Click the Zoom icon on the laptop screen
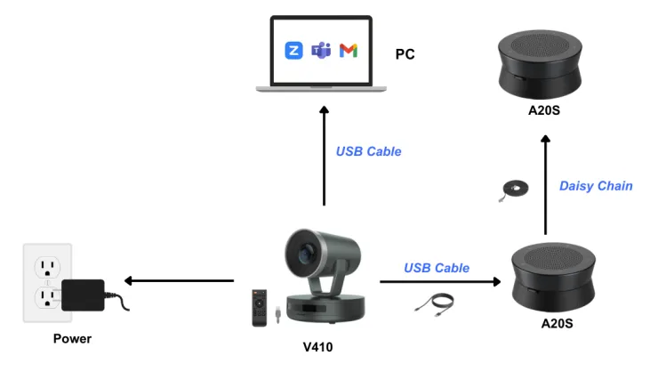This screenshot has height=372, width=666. point(293,51)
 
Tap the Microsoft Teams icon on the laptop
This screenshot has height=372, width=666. point(321,51)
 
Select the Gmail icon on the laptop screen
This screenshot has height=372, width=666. point(349,51)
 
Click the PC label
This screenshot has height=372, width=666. point(405,54)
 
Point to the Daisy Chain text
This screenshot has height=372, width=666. point(596,186)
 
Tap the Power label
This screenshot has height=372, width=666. point(72,338)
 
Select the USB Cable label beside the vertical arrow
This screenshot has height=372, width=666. point(368,151)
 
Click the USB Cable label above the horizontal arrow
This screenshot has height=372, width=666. point(437,267)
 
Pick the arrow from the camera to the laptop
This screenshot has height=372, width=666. point(325,156)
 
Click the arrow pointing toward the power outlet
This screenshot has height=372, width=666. point(178,281)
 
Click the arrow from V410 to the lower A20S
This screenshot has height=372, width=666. point(440,281)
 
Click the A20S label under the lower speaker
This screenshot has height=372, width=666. point(557,323)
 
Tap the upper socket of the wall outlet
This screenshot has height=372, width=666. point(44,264)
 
